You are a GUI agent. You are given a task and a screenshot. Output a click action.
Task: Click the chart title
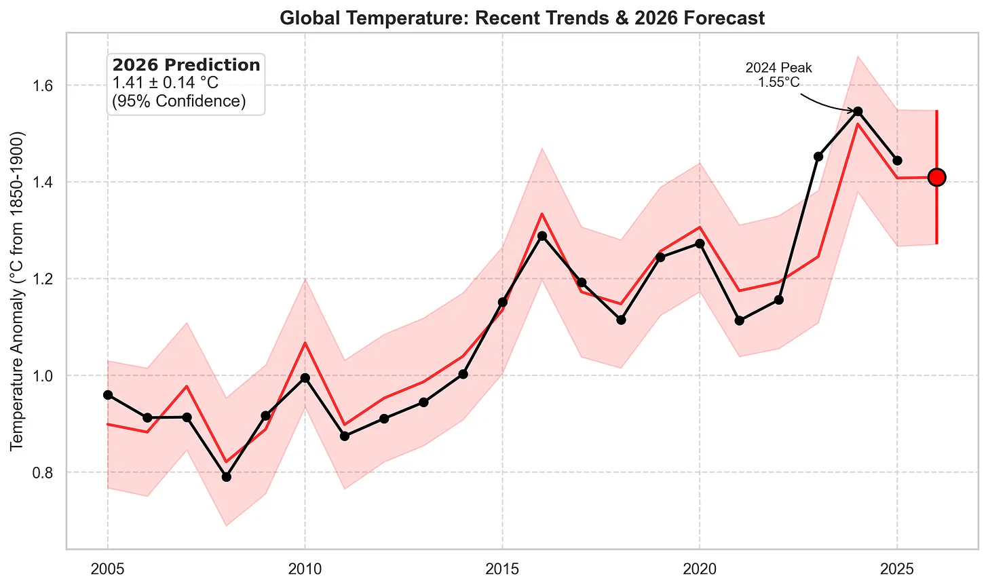point(522,18)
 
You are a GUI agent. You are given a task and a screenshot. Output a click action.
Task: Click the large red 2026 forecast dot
point(936,177)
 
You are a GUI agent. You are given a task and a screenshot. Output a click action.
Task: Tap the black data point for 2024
point(858,111)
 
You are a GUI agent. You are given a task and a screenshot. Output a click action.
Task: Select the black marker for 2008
point(226,477)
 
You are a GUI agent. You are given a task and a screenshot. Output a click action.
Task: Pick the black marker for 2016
point(541,236)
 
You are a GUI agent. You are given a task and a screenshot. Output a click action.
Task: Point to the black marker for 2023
point(818,157)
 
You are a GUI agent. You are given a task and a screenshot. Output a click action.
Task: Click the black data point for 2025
point(897,161)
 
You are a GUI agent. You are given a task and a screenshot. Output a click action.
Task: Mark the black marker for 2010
point(305,378)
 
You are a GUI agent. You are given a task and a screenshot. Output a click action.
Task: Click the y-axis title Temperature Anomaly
point(17,290)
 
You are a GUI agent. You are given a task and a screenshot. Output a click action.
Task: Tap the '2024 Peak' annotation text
point(778,68)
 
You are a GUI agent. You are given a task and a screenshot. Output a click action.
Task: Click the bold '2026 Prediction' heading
point(186,65)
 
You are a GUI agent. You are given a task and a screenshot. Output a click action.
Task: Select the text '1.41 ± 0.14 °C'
point(166,83)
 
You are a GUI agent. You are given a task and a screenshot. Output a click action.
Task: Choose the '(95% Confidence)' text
point(178,101)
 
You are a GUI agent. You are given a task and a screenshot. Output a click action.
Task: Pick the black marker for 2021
point(739,320)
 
